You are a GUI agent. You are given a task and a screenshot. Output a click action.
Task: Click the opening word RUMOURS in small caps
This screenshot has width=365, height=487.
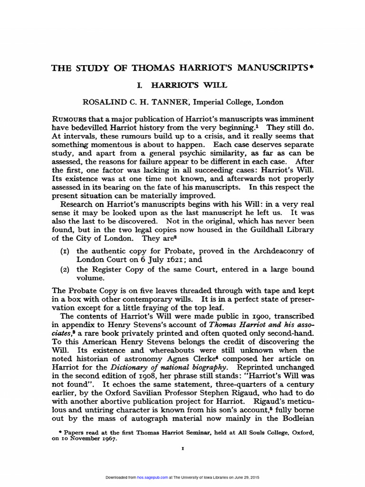[70, 119]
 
